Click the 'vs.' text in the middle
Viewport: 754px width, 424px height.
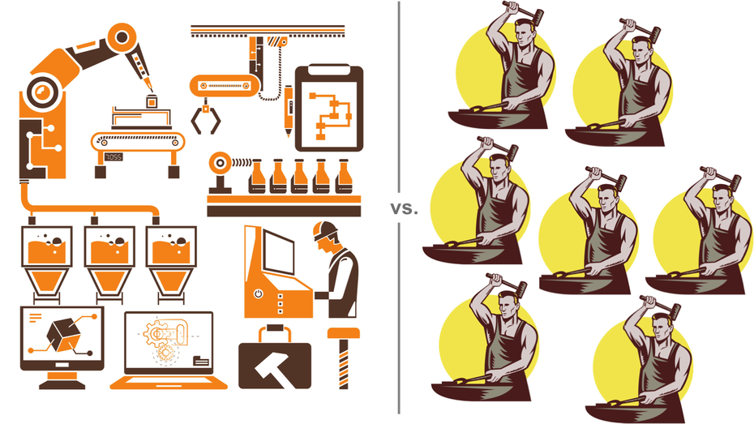click(404, 209)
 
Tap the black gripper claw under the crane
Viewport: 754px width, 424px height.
click(206, 118)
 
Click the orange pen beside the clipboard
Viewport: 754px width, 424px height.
click(289, 110)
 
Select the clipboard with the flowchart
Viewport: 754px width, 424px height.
click(329, 108)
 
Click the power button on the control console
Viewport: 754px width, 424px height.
click(259, 293)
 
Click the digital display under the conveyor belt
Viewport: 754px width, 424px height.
click(114, 156)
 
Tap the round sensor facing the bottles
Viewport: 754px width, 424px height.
click(220, 164)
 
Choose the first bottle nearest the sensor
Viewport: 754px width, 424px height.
click(257, 177)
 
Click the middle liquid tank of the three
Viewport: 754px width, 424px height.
click(109, 259)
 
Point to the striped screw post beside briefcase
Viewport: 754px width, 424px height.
click(343, 358)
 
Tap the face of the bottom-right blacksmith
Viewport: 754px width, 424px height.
click(662, 328)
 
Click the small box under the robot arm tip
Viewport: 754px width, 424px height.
click(152, 102)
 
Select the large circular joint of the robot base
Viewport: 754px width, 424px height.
click(45, 92)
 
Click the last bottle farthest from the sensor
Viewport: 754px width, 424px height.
click(343, 177)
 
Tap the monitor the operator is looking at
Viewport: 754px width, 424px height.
click(278, 252)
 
